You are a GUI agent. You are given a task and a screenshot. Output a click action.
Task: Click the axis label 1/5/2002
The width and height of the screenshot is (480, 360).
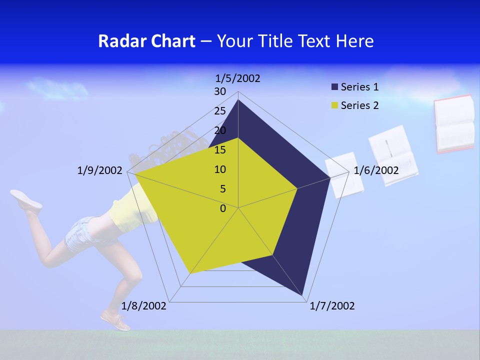(x=238, y=78)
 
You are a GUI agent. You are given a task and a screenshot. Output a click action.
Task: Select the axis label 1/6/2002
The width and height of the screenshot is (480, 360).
(x=376, y=170)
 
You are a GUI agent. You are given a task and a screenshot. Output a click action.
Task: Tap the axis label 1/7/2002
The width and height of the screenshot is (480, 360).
(x=332, y=306)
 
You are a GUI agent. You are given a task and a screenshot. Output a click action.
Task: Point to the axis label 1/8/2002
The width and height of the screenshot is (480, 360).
(x=144, y=306)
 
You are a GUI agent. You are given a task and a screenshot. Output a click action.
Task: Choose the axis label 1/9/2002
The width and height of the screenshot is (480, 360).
(x=99, y=170)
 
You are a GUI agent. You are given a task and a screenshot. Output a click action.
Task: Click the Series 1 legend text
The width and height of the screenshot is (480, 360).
(x=359, y=87)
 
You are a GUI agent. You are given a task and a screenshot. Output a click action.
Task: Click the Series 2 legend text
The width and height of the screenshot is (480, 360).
(x=359, y=105)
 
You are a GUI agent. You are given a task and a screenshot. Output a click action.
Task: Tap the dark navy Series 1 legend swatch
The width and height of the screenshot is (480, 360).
(x=334, y=87)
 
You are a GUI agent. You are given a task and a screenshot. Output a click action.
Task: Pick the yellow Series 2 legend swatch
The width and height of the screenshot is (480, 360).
(x=334, y=105)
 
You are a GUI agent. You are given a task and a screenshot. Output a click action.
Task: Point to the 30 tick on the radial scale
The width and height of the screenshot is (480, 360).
(x=220, y=91)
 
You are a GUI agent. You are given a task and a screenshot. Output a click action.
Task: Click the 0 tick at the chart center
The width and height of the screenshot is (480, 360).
(x=223, y=208)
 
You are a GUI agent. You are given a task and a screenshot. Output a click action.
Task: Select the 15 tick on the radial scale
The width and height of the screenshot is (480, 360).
(x=220, y=150)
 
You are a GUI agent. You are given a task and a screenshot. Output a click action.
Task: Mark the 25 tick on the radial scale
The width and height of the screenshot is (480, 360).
(x=220, y=111)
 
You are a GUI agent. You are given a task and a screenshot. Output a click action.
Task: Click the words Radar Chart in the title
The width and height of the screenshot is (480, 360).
(x=146, y=41)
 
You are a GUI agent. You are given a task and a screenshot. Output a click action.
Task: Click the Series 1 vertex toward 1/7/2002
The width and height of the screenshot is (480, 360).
(x=302, y=295)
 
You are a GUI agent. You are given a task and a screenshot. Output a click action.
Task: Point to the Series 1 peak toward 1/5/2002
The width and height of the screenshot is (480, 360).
(x=238, y=100)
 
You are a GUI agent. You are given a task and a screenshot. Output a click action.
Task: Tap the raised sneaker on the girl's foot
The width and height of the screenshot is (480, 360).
(x=26, y=199)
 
